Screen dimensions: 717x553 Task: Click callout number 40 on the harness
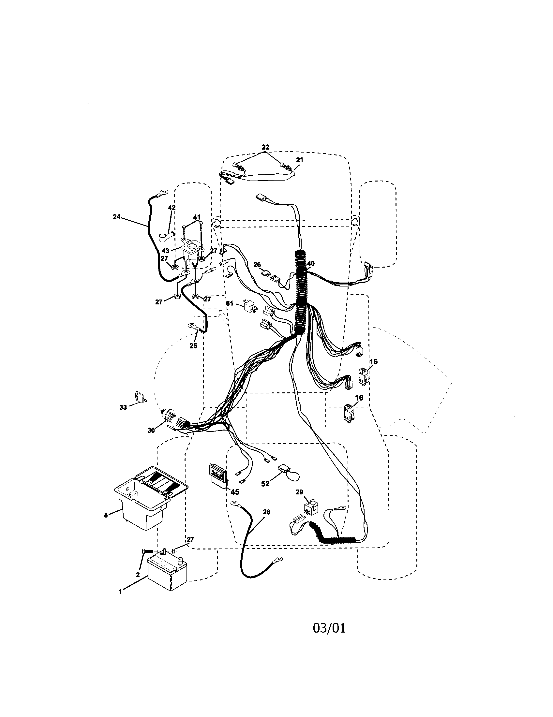coord(311,263)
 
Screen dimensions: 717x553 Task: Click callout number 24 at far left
coord(117,217)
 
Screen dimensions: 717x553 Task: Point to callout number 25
coord(193,345)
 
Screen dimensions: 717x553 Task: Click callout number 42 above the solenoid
coord(172,208)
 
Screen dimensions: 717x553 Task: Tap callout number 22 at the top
coord(265,147)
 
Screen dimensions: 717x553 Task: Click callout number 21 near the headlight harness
coord(299,160)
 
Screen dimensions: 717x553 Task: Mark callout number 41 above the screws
coord(196,217)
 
